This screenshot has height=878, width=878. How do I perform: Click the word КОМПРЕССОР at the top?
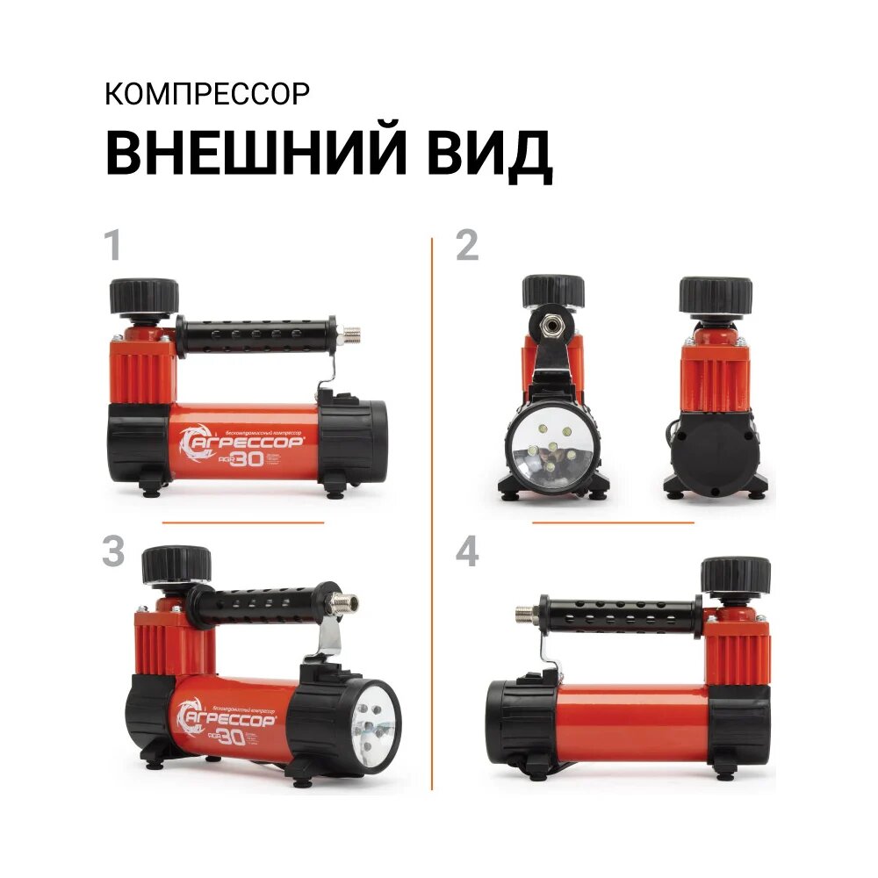click(x=207, y=94)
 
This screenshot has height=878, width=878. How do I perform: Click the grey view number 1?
click(x=112, y=247)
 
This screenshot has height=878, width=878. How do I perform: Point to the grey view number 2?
click(x=467, y=247)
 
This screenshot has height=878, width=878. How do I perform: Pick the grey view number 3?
click(x=113, y=551)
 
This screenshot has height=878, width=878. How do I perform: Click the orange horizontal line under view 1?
click(x=243, y=522)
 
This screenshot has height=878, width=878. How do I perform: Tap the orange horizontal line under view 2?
click(x=613, y=522)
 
